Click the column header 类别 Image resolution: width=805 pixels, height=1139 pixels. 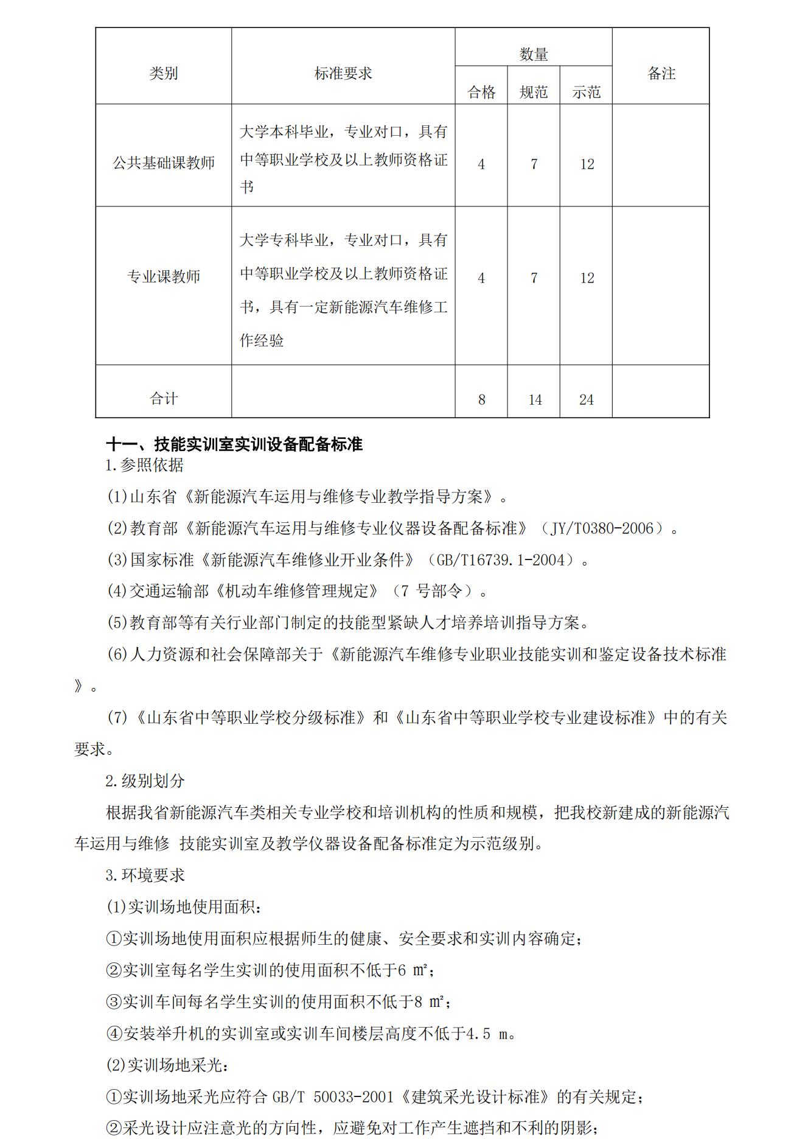pyautogui.click(x=163, y=74)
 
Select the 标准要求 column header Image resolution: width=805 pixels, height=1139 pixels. pyautogui.click(x=343, y=74)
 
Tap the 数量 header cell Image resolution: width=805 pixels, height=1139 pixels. pyautogui.click(x=533, y=55)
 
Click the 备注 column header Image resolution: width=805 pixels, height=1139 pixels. pyautogui.click(x=661, y=74)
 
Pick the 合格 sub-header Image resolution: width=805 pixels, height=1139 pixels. pyautogui.click(x=481, y=92)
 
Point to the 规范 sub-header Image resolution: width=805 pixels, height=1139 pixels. pyautogui.click(x=533, y=92)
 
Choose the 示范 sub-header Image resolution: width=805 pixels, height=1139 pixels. pyautogui.click(x=586, y=92)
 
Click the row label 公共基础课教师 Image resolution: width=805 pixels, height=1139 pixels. pyautogui.click(x=163, y=163)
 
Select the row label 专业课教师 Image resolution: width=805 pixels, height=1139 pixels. pyautogui.click(x=163, y=277)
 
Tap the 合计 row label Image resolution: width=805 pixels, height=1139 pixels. pyautogui.click(x=163, y=399)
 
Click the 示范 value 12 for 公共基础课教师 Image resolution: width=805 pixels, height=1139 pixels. pyautogui.click(x=587, y=164)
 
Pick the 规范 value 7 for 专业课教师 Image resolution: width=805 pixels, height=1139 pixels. pyautogui.click(x=534, y=278)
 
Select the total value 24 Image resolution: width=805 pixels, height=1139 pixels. pyautogui.click(x=586, y=400)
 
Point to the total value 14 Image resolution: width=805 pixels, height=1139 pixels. pyautogui.click(x=534, y=400)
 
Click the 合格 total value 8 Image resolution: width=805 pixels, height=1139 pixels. pyautogui.click(x=481, y=400)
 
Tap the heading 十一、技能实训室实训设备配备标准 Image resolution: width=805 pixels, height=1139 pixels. pyautogui.click(x=234, y=444)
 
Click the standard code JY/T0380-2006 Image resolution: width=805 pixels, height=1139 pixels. pyautogui.click(x=601, y=528)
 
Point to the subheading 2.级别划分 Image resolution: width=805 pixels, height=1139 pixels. pyautogui.click(x=145, y=781)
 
